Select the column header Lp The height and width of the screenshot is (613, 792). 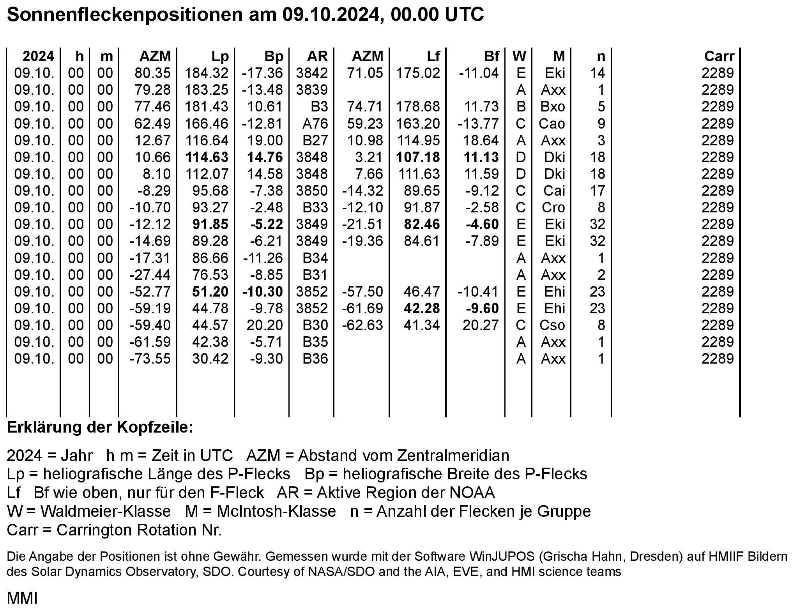tap(220, 57)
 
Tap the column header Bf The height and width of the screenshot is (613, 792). tap(491, 57)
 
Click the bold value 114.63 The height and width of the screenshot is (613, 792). tap(207, 157)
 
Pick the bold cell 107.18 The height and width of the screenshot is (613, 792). tap(418, 157)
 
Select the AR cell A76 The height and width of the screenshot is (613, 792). tap(315, 124)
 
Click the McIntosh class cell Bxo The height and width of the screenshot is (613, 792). tap(553, 106)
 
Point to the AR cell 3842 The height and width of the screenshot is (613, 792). tap(312, 73)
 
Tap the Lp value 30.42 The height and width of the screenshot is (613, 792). tap(210, 359)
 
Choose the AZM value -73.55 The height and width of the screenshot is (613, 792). tap(150, 359)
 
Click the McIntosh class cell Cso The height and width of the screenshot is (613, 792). tap(552, 325)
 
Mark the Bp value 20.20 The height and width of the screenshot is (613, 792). tap(265, 325)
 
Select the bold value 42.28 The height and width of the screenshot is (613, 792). tap(422, 308)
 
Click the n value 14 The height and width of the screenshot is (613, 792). tap(597, 73)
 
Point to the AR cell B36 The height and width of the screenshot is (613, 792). tap(315, 359)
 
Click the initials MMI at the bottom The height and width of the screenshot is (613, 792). tap(22, 598)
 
